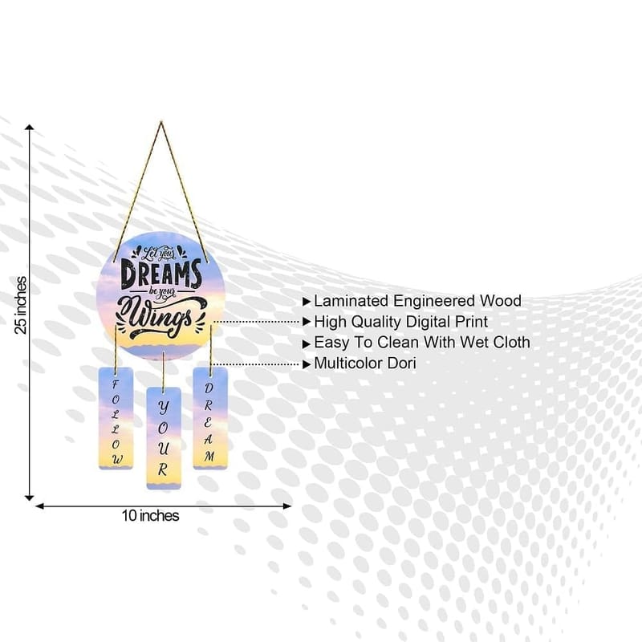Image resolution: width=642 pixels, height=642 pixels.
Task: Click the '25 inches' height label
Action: (21, 305)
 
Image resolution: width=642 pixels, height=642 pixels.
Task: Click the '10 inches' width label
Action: (150, 515)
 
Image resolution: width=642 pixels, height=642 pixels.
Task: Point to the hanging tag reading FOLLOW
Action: (116, 418)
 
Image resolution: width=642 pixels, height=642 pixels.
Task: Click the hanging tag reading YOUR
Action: (164, 437)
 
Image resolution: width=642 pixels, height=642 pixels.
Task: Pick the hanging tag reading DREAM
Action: (210, 418)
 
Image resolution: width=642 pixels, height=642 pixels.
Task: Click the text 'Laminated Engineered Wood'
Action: (417, 301)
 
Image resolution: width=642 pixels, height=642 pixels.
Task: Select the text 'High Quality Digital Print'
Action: (400, 322)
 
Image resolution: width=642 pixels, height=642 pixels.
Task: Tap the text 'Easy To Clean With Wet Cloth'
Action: (422, 343)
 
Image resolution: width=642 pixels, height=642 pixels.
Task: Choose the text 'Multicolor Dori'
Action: (365, 364)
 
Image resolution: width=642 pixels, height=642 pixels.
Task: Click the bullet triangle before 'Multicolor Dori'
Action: (307, 364)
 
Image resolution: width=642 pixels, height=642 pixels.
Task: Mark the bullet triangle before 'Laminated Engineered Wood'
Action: (307, 302)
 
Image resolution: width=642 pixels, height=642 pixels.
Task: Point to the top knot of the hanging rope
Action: (161, 123)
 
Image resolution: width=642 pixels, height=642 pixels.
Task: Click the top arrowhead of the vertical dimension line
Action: (30, 127)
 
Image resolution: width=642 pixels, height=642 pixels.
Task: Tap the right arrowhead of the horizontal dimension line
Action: (287, 506)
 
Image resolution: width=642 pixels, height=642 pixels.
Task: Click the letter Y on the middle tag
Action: (164, 407)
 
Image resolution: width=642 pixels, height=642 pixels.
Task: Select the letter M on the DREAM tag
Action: (209, 456)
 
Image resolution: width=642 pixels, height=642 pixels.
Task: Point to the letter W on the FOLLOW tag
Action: (117, 459)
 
